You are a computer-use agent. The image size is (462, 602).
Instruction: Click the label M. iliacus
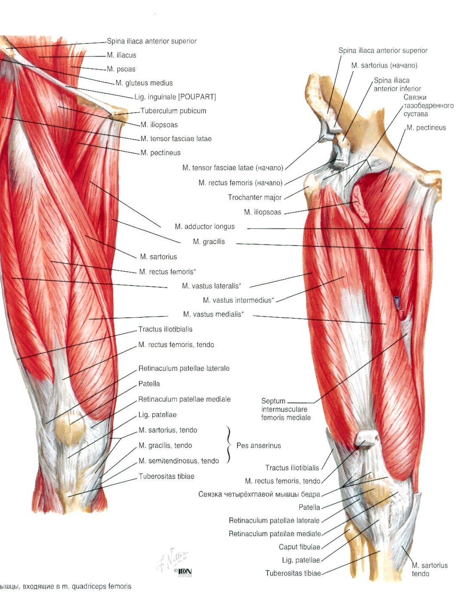pos(121,55)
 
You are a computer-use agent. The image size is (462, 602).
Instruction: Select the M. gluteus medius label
pos(144,83)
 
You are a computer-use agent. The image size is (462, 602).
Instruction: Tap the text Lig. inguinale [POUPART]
pos(175,97)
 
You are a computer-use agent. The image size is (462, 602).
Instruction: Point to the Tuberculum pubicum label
pos(173,111)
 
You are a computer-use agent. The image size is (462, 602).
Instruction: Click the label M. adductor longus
pos(204,227)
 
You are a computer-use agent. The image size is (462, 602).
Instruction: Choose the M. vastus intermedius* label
pos(238,300)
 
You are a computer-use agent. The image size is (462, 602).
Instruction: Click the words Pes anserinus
pos(258,445)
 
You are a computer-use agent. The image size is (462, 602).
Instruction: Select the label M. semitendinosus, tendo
pos(179,461)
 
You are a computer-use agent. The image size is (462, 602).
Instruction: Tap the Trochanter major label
pos(254,197)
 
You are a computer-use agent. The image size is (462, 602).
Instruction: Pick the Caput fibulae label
pos(299,547)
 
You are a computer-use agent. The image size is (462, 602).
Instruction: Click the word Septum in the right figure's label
pos(273,401)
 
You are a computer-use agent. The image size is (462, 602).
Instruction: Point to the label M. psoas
pos(121,69)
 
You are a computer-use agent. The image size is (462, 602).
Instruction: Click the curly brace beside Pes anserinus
pos(228,445)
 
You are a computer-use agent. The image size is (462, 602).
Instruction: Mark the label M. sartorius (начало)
pos(384,65)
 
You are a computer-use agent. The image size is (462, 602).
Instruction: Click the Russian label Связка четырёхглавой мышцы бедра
pos(259,494)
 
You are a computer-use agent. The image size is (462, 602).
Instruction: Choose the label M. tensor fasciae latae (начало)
pos(233,168)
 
